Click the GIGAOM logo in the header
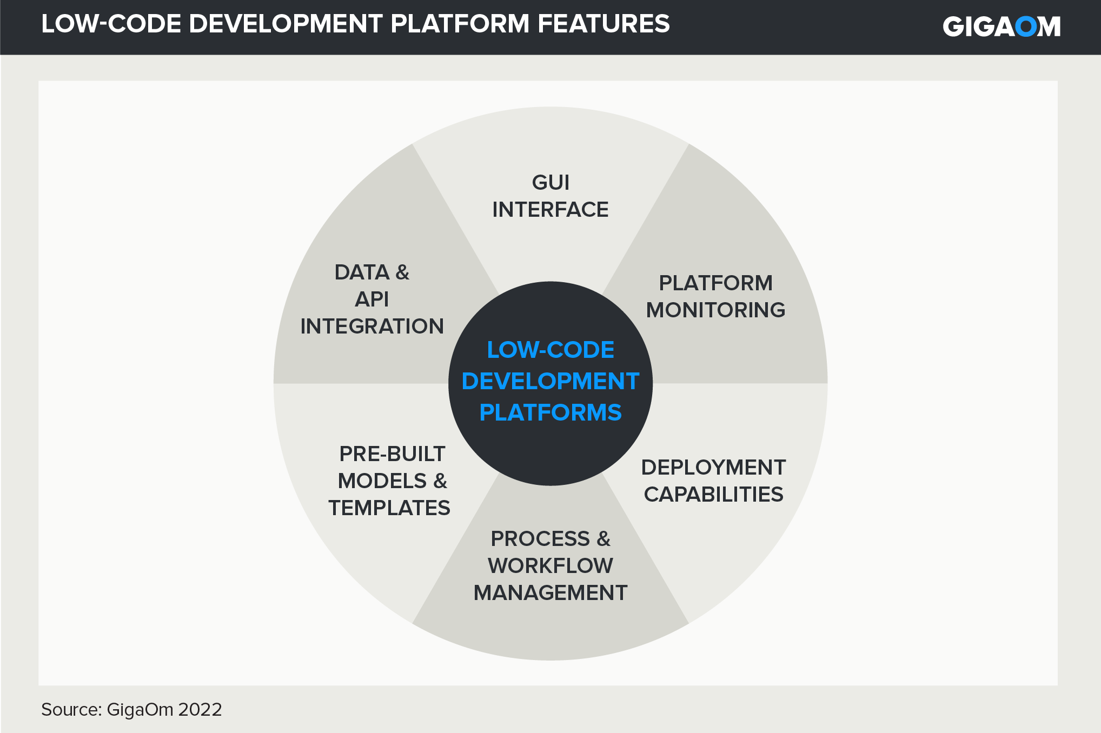(x=1001, y=26)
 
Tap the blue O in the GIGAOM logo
(x=1026, y=26)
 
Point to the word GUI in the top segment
(x=550, y=183)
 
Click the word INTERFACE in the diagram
(x=550, y=210)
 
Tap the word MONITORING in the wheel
(x=715, y=310)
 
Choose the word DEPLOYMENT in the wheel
(x=713, y=468)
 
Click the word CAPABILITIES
(x=713, y=495)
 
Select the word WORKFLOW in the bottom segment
(x=550, y=566)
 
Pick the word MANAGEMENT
(x=550, y=593)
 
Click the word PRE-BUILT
(x=392, y=454)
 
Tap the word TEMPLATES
(x=389, y=508)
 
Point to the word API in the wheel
(x=372, y=299)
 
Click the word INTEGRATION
(x=372, y=326)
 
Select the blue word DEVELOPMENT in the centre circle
(x=550, y=381)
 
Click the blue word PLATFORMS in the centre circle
(x=550, y=412)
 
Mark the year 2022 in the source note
(x=200, y=710)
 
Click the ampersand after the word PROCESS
(x=603, y=539)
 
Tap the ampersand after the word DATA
(x=402, y=272)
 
